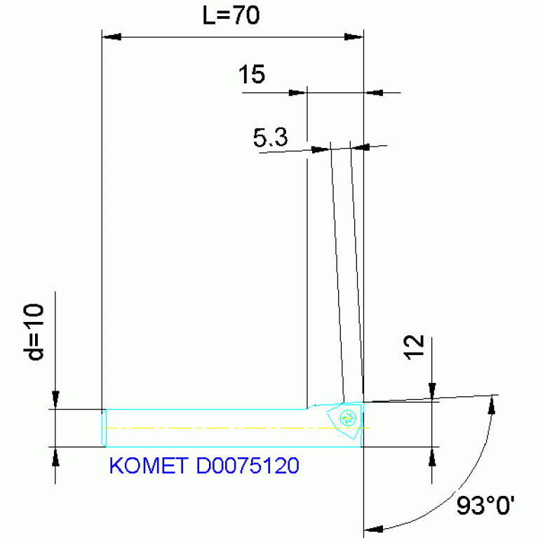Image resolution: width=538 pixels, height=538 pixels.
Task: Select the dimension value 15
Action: click(x=252, y=74)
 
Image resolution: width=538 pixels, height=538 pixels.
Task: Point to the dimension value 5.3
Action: click(x=270, y=138)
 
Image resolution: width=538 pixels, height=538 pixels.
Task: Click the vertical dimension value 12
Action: click(x=415, y=348)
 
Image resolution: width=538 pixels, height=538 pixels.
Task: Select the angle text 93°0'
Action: click(x=485, y=505)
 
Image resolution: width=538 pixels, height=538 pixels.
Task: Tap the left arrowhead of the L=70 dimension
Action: click(x=112, y=36)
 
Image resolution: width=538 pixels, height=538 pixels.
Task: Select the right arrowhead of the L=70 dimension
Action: click(x=354, y=36)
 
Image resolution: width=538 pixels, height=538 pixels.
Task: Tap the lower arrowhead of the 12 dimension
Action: click(x=433, y=455)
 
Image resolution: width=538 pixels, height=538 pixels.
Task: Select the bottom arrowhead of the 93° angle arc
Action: click(x=374, y=529)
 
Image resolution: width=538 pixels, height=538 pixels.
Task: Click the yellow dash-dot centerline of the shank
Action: click(x=210, y=427)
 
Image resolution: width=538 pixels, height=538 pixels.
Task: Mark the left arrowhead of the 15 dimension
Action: click(x=299, y=92)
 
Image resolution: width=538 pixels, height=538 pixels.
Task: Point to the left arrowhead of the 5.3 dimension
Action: click(x=321, y=149)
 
